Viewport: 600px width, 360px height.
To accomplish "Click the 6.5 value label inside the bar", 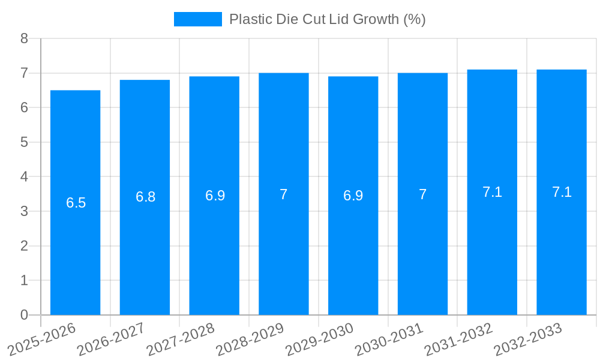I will tap(76, 203).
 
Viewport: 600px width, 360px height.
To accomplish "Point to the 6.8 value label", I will tap(145, 197).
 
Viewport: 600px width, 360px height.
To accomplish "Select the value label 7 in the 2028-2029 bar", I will tap(284, 194).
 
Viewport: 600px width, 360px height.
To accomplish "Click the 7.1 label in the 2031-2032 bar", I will tap(492, 192).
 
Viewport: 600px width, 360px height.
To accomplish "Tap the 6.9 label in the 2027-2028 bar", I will tap(215, 196).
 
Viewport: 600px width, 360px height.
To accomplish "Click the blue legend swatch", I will tap(197, 19).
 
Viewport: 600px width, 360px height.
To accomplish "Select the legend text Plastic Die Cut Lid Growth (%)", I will tap(327, 19).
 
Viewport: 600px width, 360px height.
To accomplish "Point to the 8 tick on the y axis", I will tap(24, 38).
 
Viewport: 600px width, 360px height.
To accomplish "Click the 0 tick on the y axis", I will tap(24, 315).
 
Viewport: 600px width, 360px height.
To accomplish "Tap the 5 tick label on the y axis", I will tap(24, 142).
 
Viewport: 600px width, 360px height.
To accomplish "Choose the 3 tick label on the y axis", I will tap(24, 211).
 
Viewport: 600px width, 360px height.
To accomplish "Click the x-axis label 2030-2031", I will tap(389, 339).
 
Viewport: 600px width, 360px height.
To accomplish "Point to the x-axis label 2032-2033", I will tap(528, 339).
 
